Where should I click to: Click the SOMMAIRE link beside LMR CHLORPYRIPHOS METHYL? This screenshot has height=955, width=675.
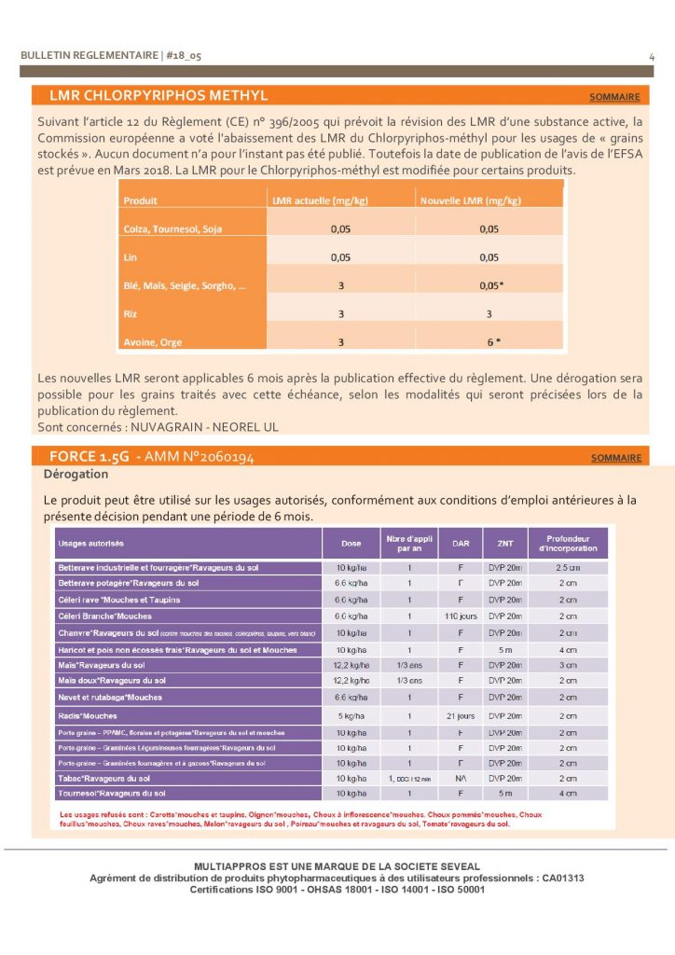[614, 97]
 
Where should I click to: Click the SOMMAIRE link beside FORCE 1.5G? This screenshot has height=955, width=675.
[616, 458]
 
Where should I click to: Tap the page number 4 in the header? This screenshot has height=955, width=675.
[651, 57]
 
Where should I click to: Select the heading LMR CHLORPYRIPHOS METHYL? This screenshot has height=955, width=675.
[158, 96]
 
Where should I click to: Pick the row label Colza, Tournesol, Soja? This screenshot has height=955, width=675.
[173, 228]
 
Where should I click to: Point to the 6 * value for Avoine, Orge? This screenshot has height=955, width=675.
[494, 342]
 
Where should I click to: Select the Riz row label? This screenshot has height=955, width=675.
[131, 314]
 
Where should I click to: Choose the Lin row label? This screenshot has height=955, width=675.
[131, 256]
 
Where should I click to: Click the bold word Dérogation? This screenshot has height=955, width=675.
[76, 475]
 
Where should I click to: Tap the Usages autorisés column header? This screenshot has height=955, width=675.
[91, 543]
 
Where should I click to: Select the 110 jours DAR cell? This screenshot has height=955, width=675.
[461, 616]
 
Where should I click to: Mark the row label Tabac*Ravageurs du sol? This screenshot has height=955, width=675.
[104, 778]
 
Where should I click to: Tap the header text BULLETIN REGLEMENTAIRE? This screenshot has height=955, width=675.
[90, 56]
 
